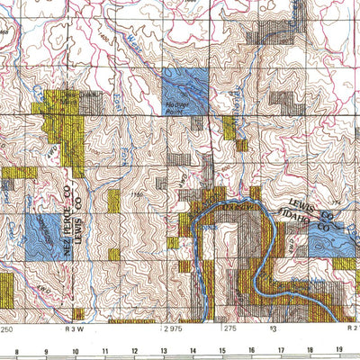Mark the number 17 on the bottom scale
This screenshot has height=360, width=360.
(281, 351)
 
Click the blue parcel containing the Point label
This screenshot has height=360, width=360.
(185, 92)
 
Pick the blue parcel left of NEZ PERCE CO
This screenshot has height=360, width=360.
(41, 232)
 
